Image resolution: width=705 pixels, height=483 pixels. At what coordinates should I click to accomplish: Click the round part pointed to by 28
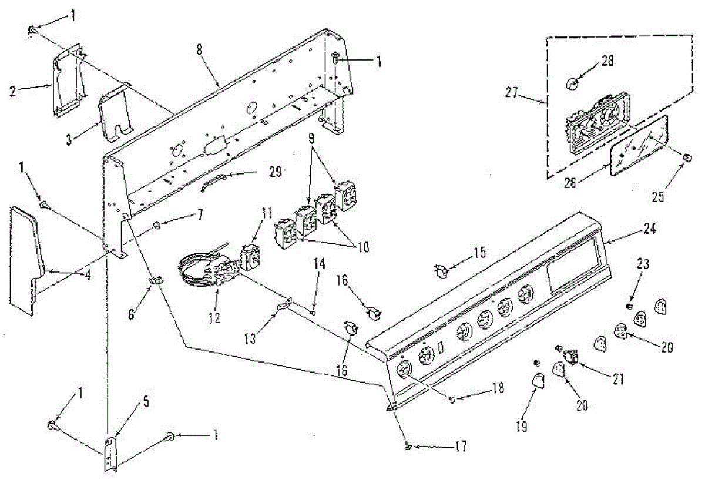tap(573, 84)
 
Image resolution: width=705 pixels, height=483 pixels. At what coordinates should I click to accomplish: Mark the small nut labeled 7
tap(157, 226)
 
